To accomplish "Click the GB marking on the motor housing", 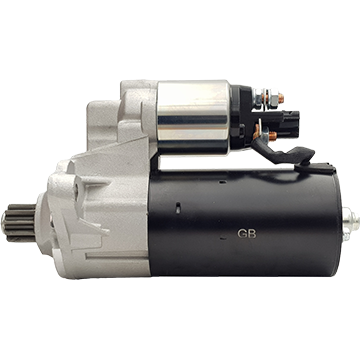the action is point(247,234).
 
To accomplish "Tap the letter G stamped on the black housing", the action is point(242,234).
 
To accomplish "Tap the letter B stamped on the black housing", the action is point(252,234).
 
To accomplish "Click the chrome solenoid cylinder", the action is point(194,117).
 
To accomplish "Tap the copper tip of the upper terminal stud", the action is point(281,98).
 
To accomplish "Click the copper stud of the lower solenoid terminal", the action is point(273,136).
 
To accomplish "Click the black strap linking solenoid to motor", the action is point(283,152).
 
